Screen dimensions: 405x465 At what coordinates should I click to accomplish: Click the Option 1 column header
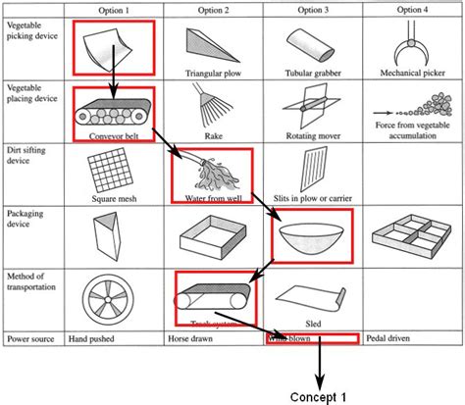[114, 9]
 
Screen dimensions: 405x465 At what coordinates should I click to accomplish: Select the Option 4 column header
[411, 9]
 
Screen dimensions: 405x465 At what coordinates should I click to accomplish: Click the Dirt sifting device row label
[30, 158]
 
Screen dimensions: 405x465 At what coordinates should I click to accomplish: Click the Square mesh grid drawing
[114, 174]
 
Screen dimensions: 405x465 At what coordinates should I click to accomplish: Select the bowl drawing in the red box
[311, 235]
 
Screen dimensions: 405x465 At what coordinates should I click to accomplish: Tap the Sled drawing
[309, 295]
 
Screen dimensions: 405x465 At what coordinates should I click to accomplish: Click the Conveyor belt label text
[114, 137]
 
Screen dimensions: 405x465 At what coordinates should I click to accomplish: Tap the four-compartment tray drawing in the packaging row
[411, 235]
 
